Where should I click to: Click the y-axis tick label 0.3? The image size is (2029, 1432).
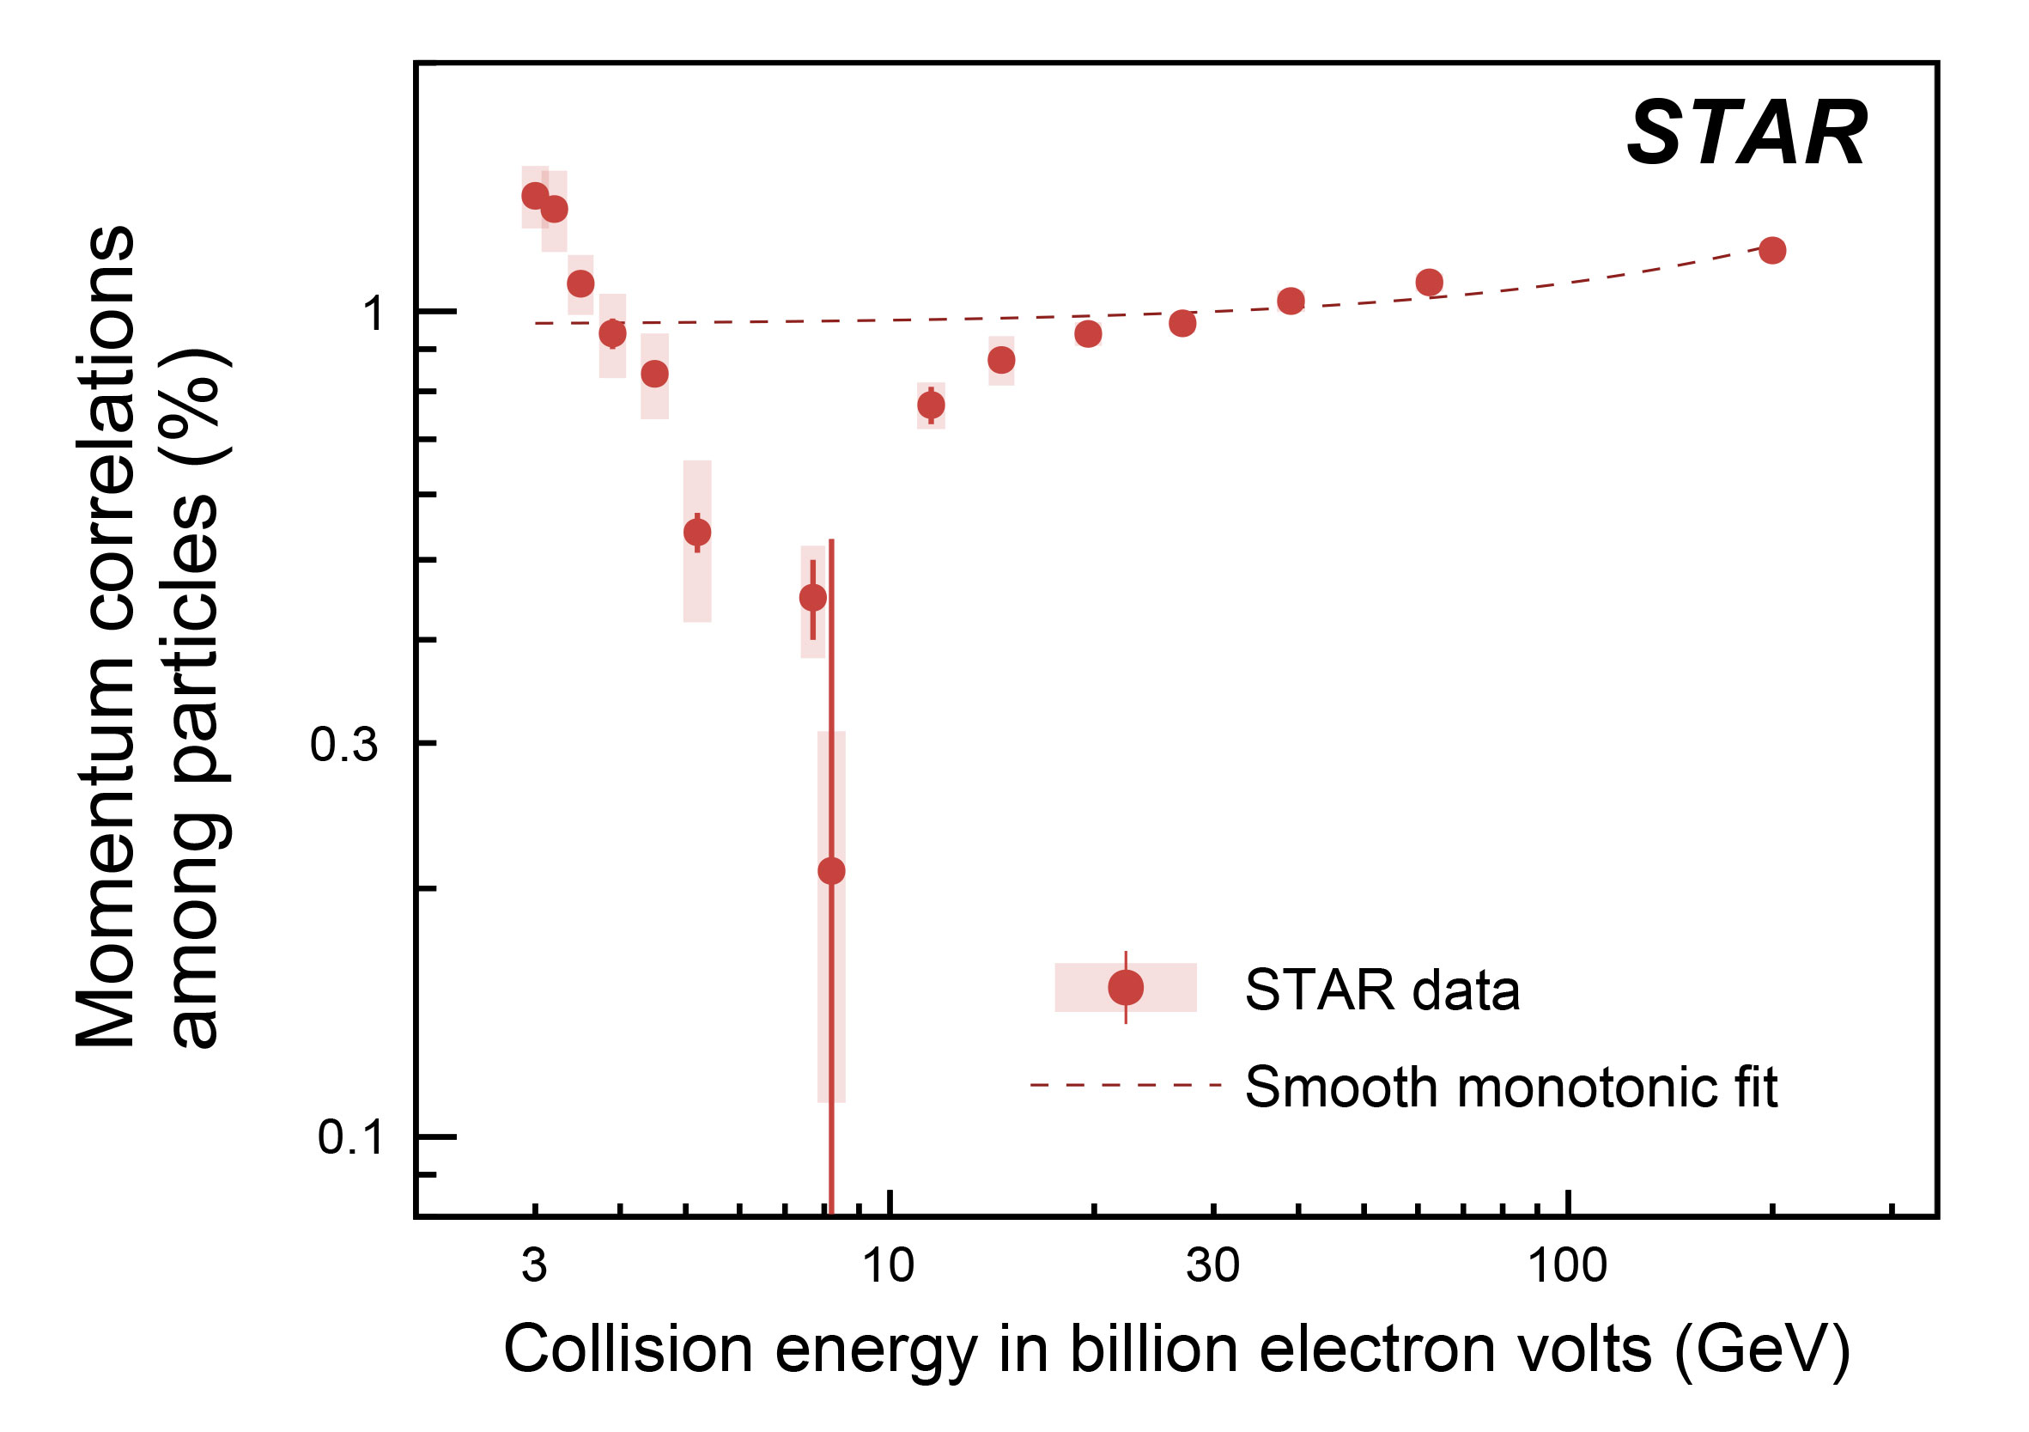pos(344,745)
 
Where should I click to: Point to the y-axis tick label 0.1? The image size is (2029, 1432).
pos(351,1137)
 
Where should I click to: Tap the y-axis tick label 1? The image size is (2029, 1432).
pos(374,313)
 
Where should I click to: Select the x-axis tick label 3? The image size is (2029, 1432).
pos(534,1265)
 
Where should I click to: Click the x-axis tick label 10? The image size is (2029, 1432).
pos(888,1265)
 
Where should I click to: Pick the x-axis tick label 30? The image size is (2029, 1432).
pos(1212,1265)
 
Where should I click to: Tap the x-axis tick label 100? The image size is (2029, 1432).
pos(1567,1265)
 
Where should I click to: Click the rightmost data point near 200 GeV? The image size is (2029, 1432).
pos(1772,250)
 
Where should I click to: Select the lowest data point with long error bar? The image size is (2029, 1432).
pos(830,871)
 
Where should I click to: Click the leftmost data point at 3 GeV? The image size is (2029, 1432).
pos(535,195)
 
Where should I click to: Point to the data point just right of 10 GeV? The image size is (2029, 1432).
pos(931,405)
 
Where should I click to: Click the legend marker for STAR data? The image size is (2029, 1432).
pos(1125,987)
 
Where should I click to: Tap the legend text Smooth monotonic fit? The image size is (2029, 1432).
pos(1511,1087)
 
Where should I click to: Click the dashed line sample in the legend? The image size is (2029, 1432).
pos(1126,1085)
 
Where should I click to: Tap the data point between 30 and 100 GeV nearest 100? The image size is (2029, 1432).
pos(1429,282)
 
